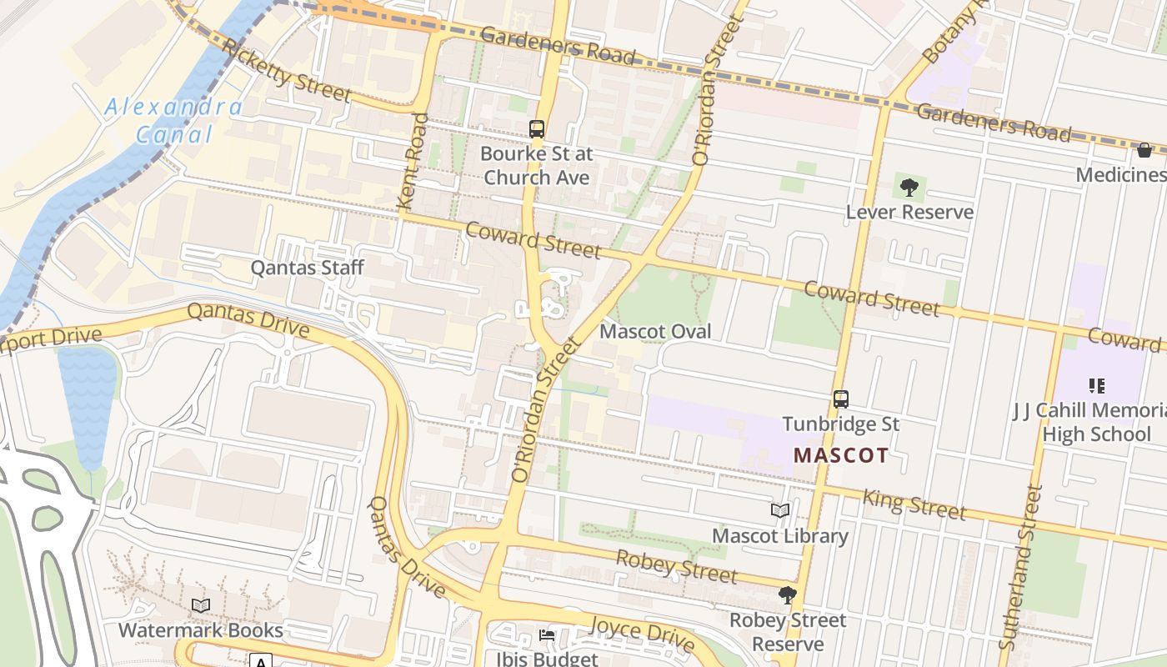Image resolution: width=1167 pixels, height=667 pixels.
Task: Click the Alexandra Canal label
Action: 173,120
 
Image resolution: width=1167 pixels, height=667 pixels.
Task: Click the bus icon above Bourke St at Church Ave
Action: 537,129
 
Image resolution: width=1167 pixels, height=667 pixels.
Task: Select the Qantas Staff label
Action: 308,268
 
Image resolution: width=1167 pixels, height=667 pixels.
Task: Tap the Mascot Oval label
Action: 655,331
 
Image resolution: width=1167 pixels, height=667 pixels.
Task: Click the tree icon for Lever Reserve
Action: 909,188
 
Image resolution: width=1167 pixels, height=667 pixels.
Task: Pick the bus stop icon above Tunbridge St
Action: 841,399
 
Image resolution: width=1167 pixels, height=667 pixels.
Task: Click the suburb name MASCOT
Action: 840,455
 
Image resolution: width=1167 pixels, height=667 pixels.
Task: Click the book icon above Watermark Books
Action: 200,605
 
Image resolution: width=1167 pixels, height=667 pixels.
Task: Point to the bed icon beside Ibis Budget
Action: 547,635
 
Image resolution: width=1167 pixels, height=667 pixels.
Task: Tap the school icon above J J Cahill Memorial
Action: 1096,386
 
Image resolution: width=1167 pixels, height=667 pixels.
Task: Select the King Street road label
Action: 914,504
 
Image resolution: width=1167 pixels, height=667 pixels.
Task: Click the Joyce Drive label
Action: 642,634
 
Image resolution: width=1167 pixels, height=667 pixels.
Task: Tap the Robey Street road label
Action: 676,566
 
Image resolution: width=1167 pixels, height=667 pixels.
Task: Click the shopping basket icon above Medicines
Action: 1144,150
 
